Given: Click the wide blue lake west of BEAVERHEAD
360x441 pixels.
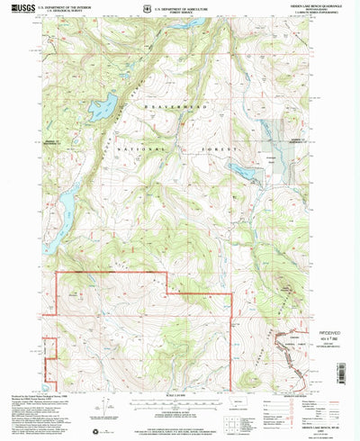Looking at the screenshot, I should tap(103, 106).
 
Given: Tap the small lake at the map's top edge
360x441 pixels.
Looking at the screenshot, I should tap(193, 21).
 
